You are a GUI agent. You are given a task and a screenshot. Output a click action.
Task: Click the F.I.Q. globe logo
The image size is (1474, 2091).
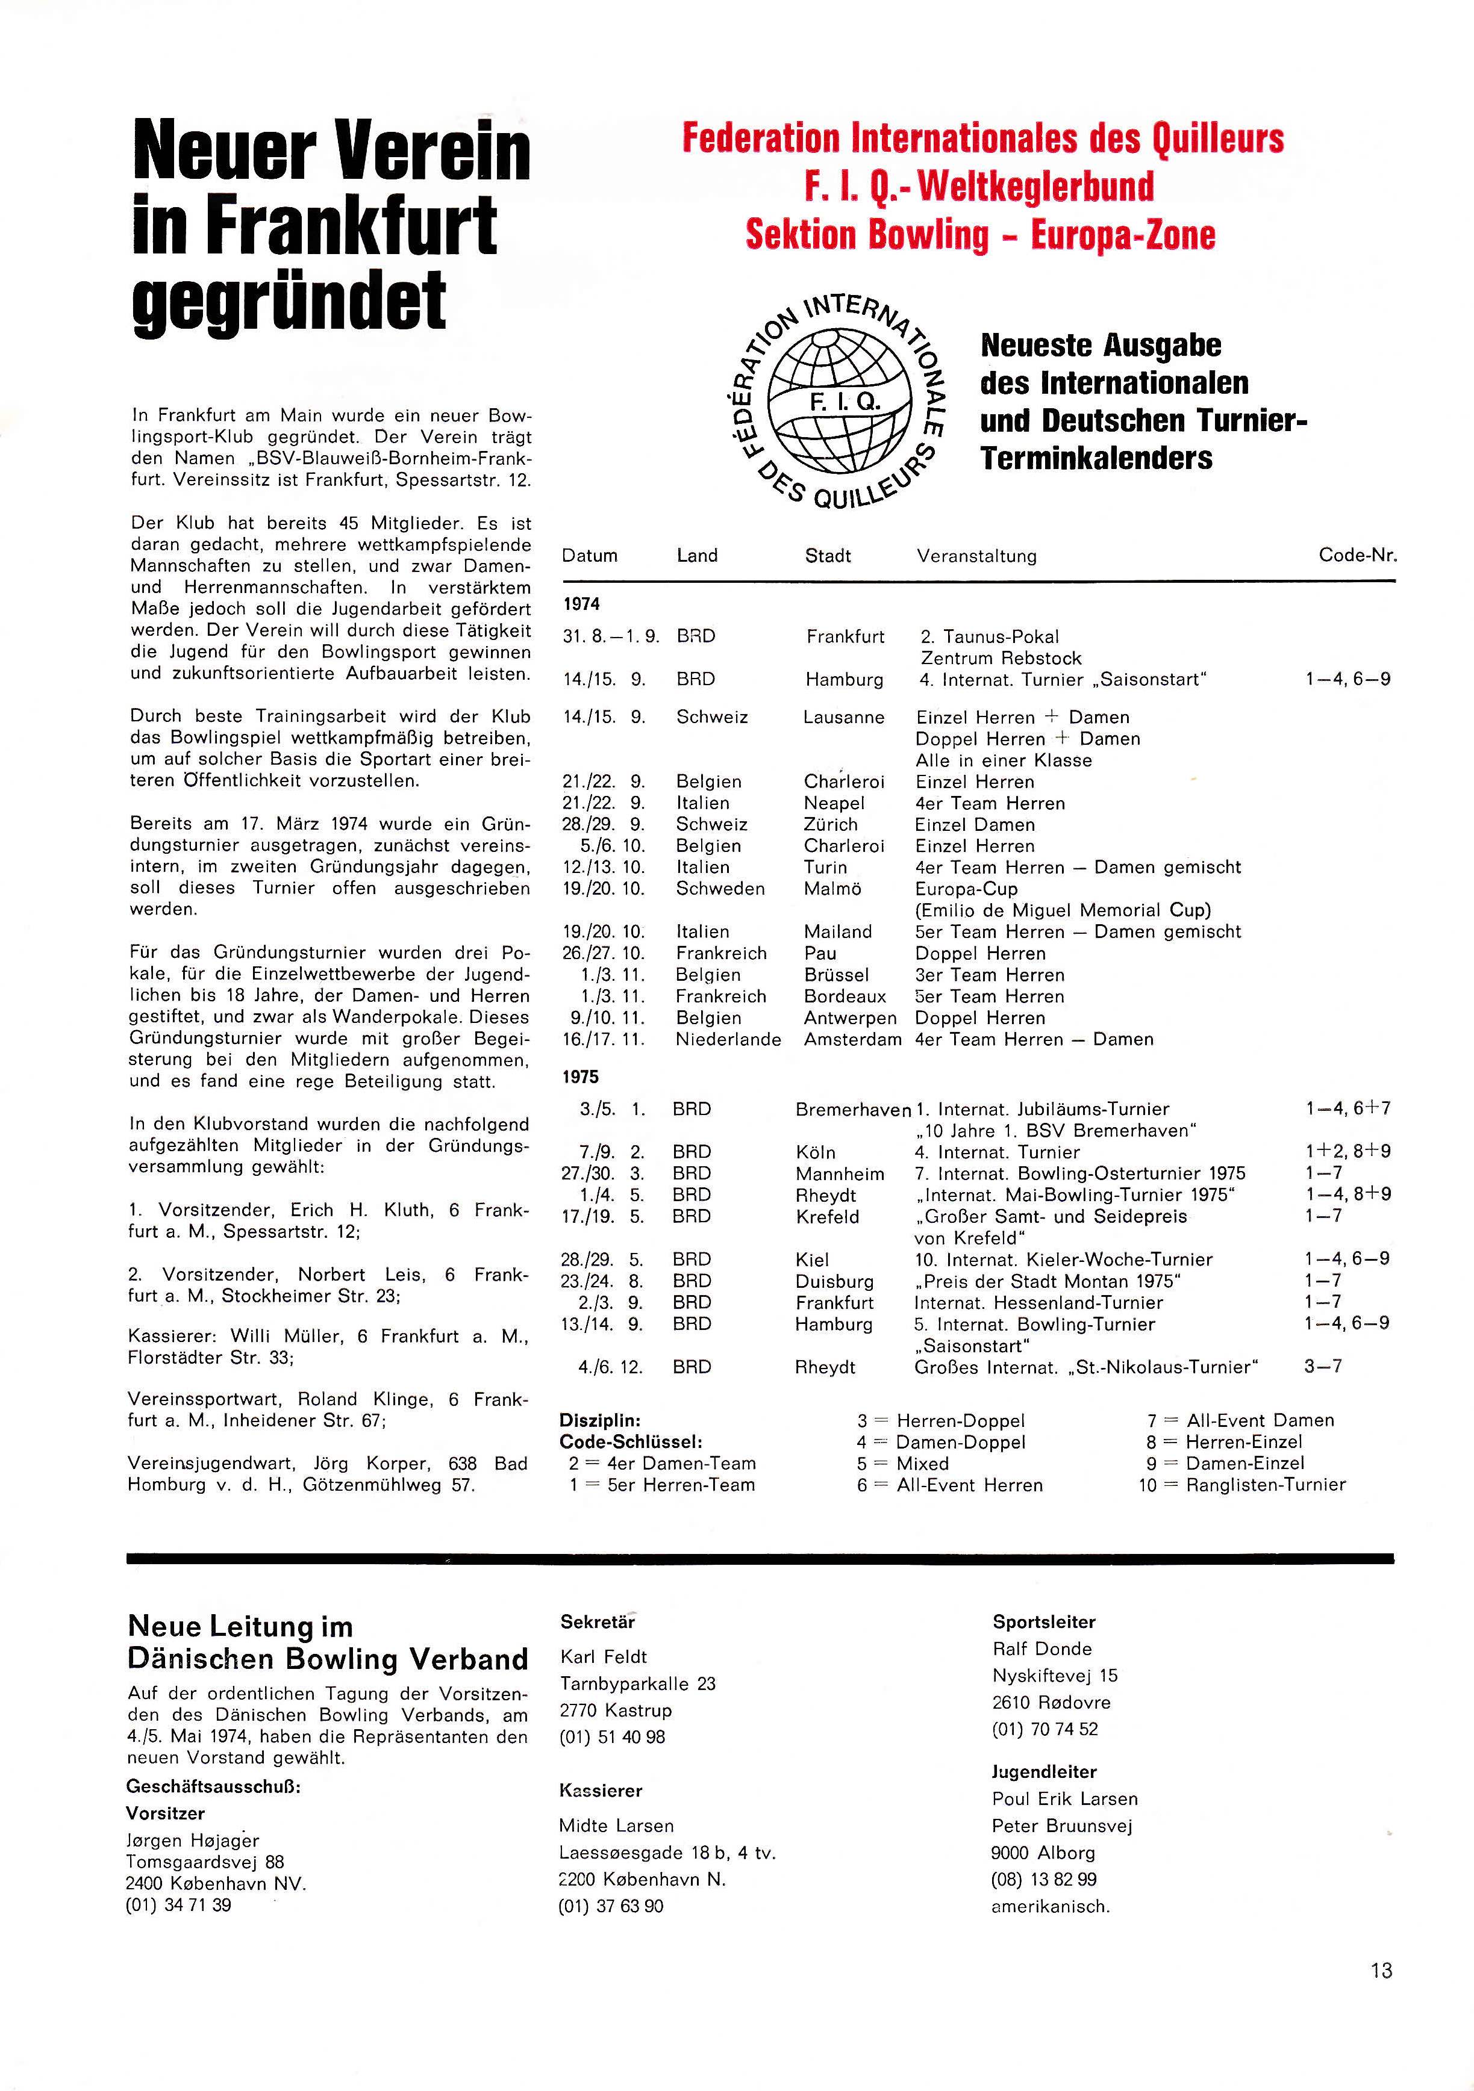(x=840, y=402)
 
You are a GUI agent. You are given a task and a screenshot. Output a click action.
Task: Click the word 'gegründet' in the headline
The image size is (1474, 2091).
(x=290, y=300)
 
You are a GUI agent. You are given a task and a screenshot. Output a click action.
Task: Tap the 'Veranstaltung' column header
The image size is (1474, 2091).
(x=976, y=556)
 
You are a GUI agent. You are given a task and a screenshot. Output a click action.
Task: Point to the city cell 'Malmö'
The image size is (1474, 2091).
(x=832, y=889)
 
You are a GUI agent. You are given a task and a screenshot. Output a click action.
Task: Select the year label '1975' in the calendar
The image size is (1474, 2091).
(x=580, y=1077)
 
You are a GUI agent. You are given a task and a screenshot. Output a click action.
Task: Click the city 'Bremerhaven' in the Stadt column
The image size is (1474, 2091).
(x=853, y=1109)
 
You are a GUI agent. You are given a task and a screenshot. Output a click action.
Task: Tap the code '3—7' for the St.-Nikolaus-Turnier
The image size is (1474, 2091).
(x=1323, y=1366)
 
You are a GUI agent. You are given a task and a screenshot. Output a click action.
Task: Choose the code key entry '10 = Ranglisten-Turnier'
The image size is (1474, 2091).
(x=1241, y=1485)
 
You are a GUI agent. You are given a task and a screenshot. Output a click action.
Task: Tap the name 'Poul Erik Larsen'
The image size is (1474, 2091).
(x=1064, y=1798)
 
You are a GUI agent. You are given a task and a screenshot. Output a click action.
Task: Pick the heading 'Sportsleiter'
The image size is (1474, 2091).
(x=1044, y=1621)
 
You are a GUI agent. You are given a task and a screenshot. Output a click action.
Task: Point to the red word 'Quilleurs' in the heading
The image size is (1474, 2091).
(x=1218, y=139)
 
